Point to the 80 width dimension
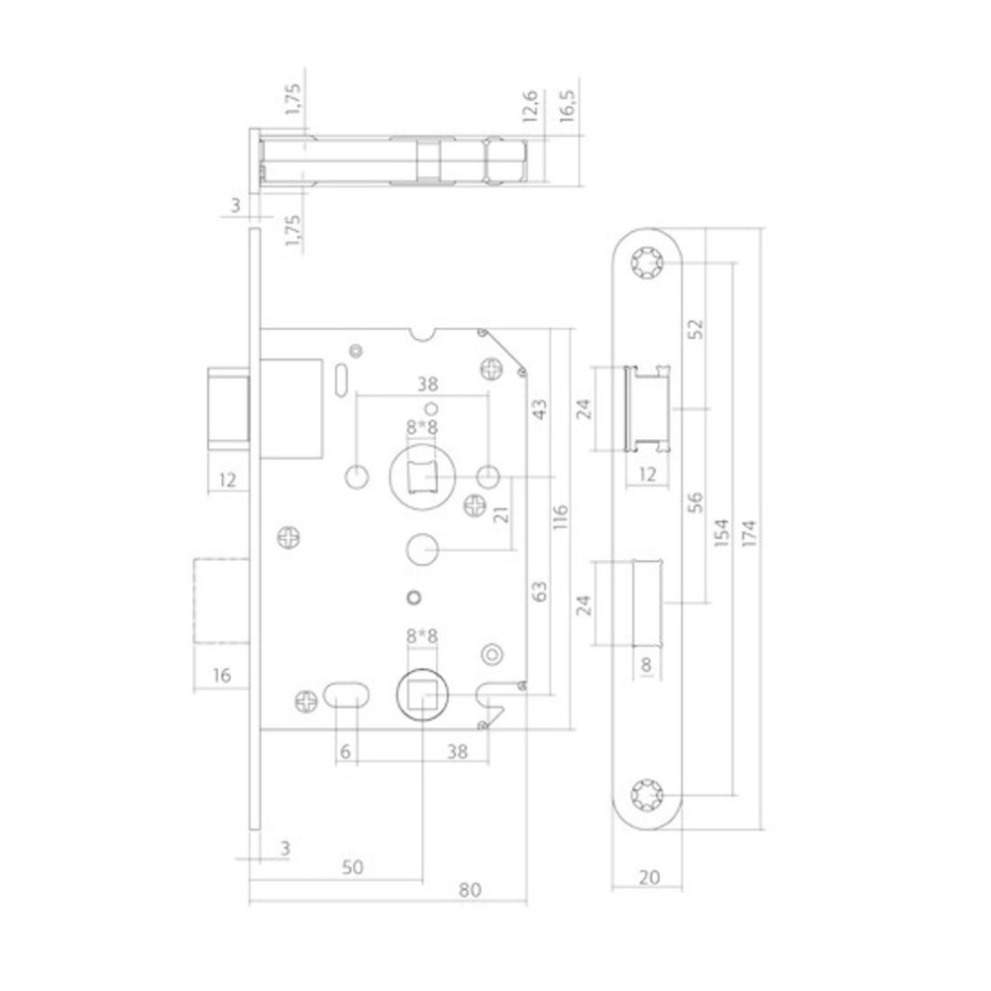471,889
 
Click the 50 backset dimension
352,866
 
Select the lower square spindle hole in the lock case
424,696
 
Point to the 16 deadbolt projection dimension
222,676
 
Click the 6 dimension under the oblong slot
344,752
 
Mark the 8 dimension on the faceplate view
646,666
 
